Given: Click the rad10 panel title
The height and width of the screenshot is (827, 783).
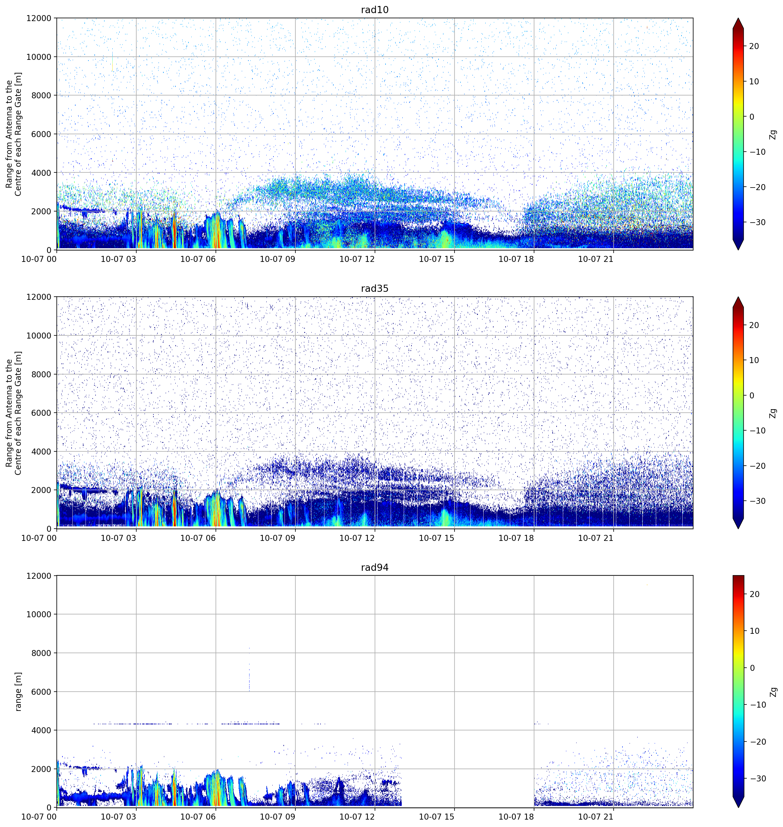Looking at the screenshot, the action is tap(374, 10).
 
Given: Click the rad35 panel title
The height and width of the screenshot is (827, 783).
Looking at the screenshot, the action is tap(374, 289).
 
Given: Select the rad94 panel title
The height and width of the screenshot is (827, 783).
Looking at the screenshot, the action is tap(374, 568).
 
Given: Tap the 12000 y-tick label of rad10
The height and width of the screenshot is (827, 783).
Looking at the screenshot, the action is tap(38, 18).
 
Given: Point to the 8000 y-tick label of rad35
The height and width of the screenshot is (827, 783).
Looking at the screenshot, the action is tap(41, 374).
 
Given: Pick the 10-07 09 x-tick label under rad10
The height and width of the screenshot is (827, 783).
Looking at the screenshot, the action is tap(277, 259).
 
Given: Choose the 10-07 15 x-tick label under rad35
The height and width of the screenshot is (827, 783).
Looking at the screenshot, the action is tap(436, 538).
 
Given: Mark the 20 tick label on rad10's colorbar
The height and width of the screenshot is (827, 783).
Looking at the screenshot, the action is tap(754, 46).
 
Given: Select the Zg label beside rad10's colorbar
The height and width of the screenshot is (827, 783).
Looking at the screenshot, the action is tap(773, 134).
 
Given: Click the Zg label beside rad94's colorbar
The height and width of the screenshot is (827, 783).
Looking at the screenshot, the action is tap(773, 692).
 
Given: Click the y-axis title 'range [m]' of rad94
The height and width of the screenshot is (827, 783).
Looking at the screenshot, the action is tap(18, 691).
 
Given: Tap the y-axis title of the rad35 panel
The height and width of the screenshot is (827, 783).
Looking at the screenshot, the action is tap(13, 413).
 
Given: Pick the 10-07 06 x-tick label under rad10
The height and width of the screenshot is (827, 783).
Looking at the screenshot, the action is tap(198, 259).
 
